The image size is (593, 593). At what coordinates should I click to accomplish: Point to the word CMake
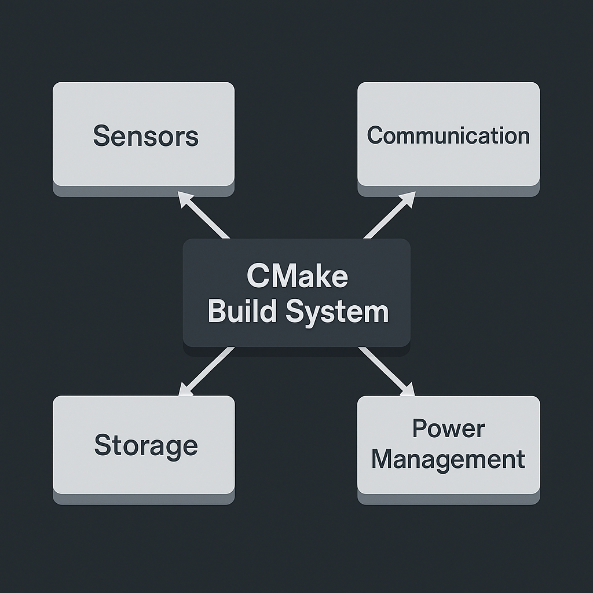[x=297, y=276]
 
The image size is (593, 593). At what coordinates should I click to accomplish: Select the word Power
[x=448, y=429]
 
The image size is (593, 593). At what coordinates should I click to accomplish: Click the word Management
[x=448, y=459]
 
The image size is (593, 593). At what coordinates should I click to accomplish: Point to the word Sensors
[x=145, y=136]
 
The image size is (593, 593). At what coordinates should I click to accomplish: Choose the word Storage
[x=146, y=446]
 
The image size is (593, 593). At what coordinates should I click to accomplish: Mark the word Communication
[x=448, y=136]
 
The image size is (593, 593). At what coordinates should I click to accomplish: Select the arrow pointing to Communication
[x=390, y=215]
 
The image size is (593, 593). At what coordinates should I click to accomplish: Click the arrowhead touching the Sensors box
[x=184, y=198]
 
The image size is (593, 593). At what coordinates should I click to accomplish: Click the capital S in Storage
[x=103, y=445]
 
